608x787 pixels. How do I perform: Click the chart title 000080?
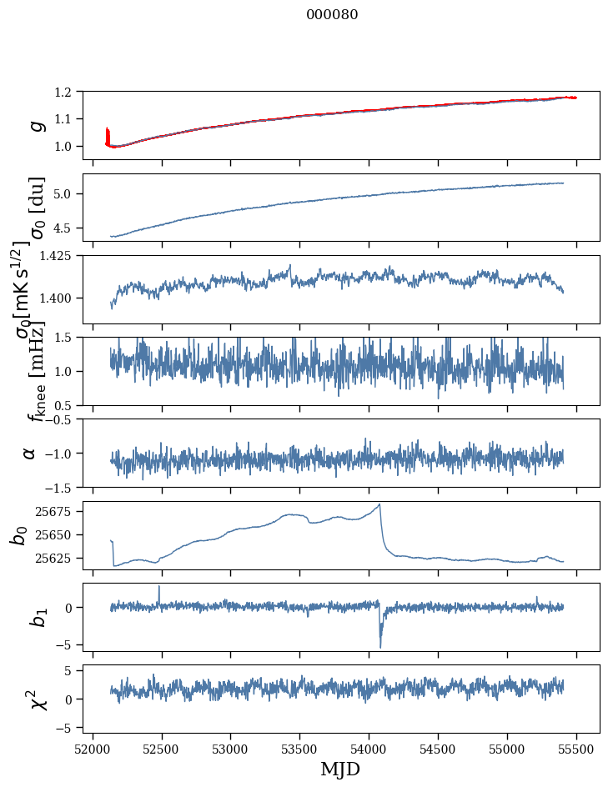click(x=332, y=14)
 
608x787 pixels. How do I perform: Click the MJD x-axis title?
click(x=340, y=769)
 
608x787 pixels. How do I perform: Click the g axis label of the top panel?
click(x=34, y=125)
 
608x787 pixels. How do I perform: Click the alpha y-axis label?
click(x=30, y=453)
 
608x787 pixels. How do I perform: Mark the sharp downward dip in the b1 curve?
click(x=380, y=647)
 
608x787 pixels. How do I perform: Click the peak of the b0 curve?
click(x=379, y=504)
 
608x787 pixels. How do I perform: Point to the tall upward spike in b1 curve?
click(x=159, y=586)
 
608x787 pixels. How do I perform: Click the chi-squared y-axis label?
click(x=33, y=699)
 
